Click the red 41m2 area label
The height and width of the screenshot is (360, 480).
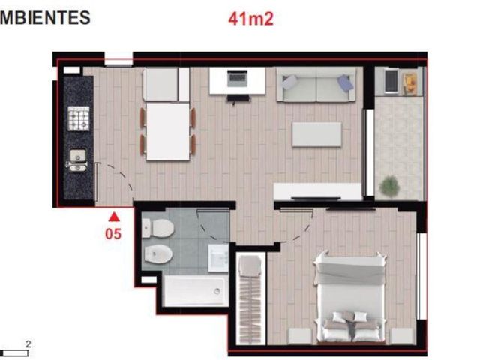tap(250, 19)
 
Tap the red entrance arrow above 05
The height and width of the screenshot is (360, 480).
tap(114, 217)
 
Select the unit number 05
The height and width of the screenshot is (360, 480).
tap(113, 234)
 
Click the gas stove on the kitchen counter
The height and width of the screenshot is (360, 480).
tap(79, 118)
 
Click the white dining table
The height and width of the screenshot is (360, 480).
tap(168, 132)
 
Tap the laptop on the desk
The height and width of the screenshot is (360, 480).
tap(238, 78)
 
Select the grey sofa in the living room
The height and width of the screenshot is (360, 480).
tap(316, 85)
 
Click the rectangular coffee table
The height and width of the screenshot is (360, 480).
tap(316, 135)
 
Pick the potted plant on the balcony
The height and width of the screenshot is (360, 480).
tap(389, 185)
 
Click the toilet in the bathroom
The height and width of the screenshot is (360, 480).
tap(158, 228)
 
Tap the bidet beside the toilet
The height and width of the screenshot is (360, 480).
tap(158, 253)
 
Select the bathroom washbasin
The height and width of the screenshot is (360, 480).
tap(218, 258)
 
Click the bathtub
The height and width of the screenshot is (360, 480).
tap(196, 291)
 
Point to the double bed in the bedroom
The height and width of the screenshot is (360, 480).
tap(350, 298)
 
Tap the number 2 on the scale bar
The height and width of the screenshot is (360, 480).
tap(28, 344)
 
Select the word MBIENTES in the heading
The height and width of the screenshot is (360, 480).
tap(45, 17)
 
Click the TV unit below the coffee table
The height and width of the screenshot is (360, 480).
tap(318, 192)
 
